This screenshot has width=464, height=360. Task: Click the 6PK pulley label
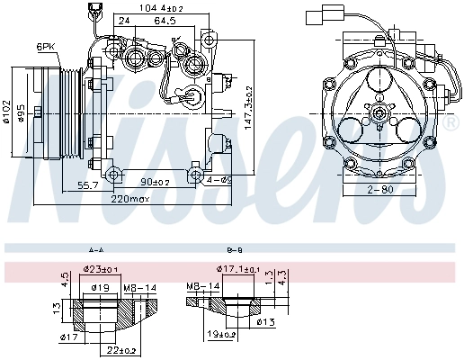pos(44,46)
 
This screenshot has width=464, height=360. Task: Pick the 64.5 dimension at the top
pos(165,19)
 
